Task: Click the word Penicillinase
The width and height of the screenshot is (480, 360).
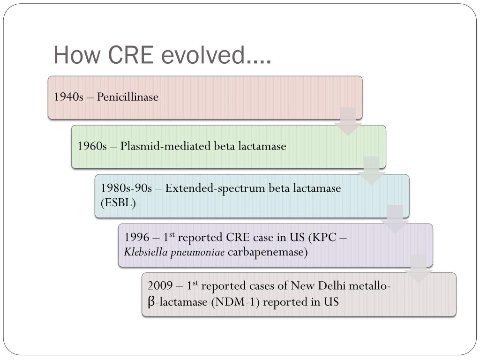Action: coord(127,97)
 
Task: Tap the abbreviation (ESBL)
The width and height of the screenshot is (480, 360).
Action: coord(118,203)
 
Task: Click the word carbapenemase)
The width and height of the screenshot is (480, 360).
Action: coord(268,253)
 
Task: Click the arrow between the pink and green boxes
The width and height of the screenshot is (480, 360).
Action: coord(348,121)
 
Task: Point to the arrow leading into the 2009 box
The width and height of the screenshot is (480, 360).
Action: coord(418,268)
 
